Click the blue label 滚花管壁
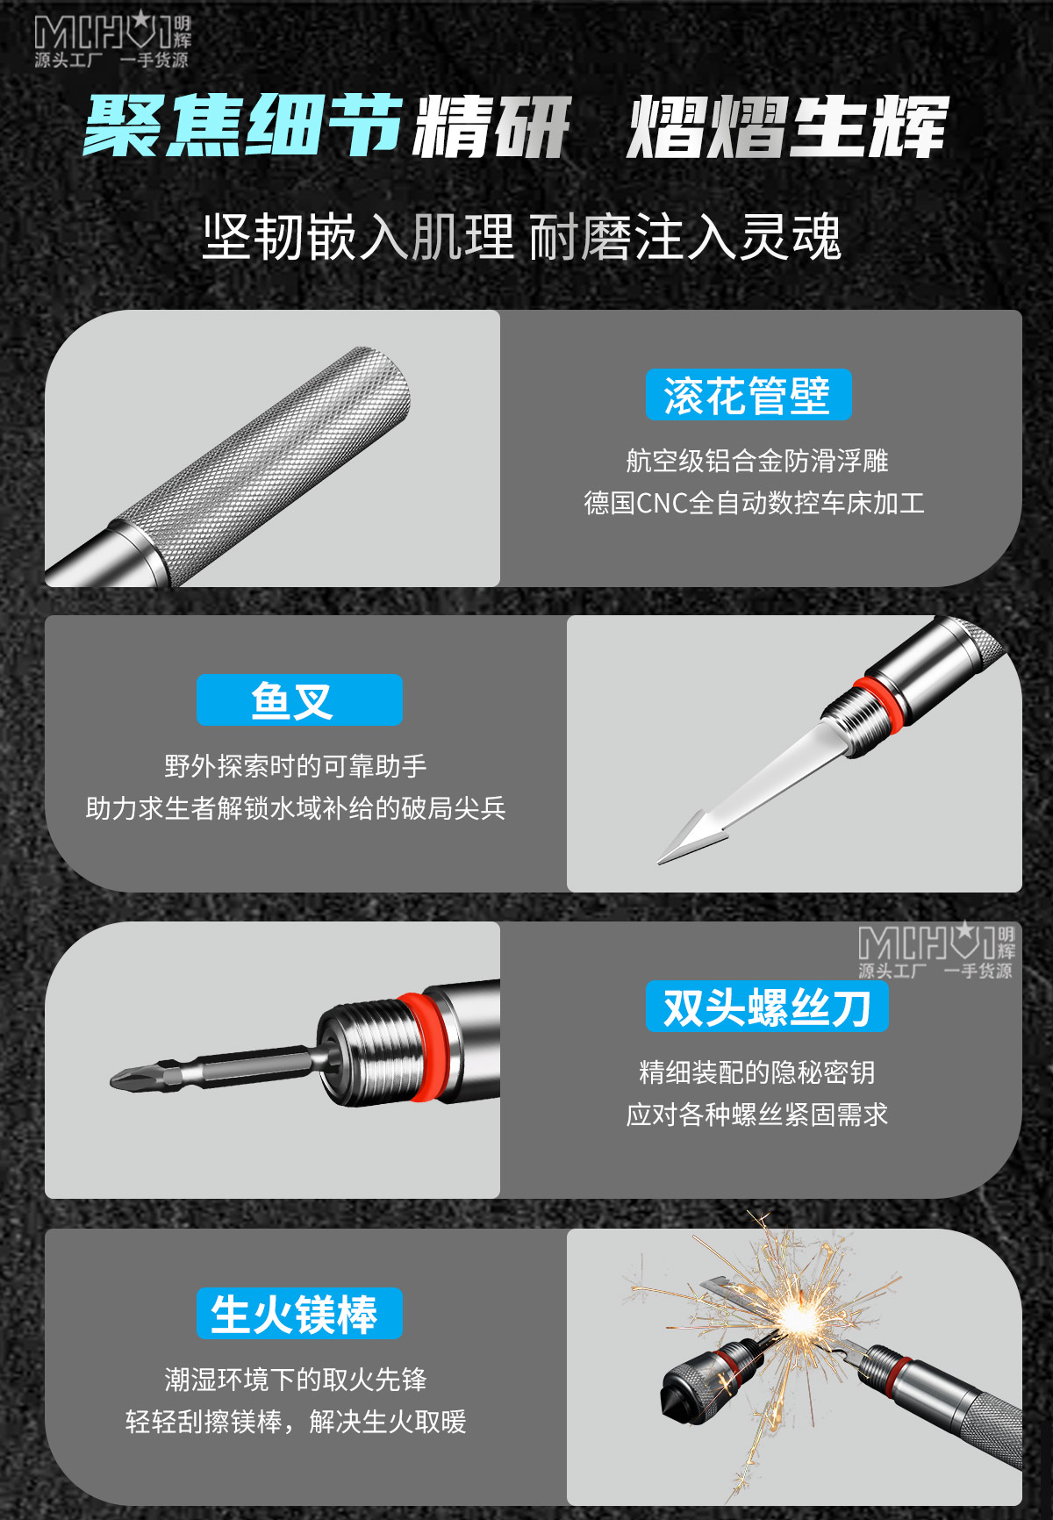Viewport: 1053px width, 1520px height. (749, 395)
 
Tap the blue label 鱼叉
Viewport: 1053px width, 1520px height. (299, 700)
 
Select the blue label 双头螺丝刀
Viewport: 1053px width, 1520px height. (767, 1007)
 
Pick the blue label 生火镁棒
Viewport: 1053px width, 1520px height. (299, 1314)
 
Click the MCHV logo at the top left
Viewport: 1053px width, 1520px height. (112, 39)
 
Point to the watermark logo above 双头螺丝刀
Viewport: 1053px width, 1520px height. (936, 950)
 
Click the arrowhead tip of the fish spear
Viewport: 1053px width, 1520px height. (660, 863)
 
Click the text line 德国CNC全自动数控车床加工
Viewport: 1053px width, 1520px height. (755, 503)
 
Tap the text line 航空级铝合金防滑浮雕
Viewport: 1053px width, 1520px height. (757, 461)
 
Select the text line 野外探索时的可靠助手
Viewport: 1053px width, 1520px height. (296, 766)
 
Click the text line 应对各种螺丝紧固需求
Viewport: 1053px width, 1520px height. (757, 1115)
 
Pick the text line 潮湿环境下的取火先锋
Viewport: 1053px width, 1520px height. (296, 1380)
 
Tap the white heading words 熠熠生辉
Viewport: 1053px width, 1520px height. (788, 127)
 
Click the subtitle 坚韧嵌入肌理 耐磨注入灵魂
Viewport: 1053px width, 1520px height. (522, 237)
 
